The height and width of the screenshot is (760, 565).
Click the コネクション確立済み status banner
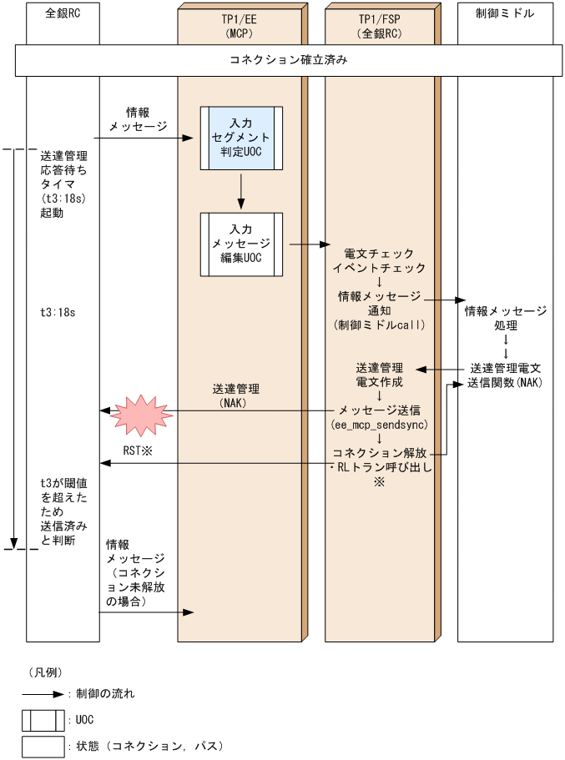287,61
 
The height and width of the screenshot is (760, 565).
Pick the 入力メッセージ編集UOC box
240,243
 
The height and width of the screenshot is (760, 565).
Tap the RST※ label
135,451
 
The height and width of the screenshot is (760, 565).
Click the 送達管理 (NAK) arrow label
236,395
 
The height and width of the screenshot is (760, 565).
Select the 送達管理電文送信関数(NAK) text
505,375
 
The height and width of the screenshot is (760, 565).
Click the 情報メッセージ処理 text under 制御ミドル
505,318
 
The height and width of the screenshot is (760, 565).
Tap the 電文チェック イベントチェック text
381,260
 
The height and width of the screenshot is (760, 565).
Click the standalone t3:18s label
58,312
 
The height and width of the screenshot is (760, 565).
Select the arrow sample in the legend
44,693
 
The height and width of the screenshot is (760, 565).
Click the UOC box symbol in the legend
43,720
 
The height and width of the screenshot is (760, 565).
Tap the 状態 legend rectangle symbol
43,746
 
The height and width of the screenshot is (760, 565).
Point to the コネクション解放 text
381,452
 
